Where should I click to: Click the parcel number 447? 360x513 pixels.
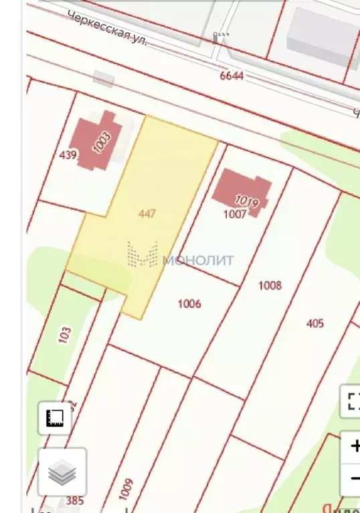pos(147,214)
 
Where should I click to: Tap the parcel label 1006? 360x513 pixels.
pos(189,304)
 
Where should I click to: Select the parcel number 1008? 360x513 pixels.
pos(270,286)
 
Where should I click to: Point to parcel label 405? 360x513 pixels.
pos(314,324)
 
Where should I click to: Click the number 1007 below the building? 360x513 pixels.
pos(236,213)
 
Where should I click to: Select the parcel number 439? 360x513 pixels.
pos(68,155)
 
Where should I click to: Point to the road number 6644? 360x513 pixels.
pos(232,76)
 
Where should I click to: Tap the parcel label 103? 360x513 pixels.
pos(65,334)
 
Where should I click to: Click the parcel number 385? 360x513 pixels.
pos(75,500)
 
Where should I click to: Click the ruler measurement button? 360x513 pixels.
pos(54,419)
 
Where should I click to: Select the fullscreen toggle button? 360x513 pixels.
pos(353,401)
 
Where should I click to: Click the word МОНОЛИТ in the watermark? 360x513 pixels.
pos(199,260)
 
